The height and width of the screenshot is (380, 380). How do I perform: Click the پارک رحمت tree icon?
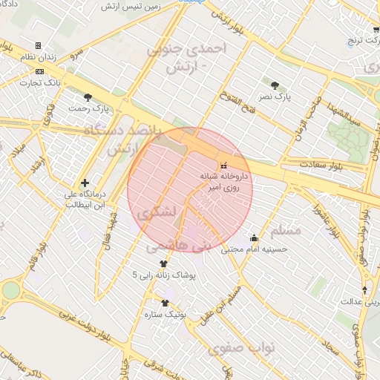tap(88, 96)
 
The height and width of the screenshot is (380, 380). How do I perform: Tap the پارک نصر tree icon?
tap(276, 85)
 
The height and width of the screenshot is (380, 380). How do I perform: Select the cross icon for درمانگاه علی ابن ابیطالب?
tap(85, 183)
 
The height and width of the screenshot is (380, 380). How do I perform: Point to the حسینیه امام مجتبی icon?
tap(255, 238)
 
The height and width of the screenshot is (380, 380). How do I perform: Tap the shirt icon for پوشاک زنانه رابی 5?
tap(163, 263)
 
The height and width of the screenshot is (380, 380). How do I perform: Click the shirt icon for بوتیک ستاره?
tap(165, 303)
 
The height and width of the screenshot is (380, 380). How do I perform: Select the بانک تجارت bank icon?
tap(39, 71)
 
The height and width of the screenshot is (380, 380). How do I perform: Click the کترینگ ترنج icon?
tap(376, 29)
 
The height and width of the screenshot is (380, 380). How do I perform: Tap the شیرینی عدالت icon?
tap(364, 289)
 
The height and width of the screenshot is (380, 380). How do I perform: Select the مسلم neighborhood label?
tap(286, 230)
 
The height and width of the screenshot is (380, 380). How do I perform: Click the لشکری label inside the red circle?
tap(158, 212)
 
